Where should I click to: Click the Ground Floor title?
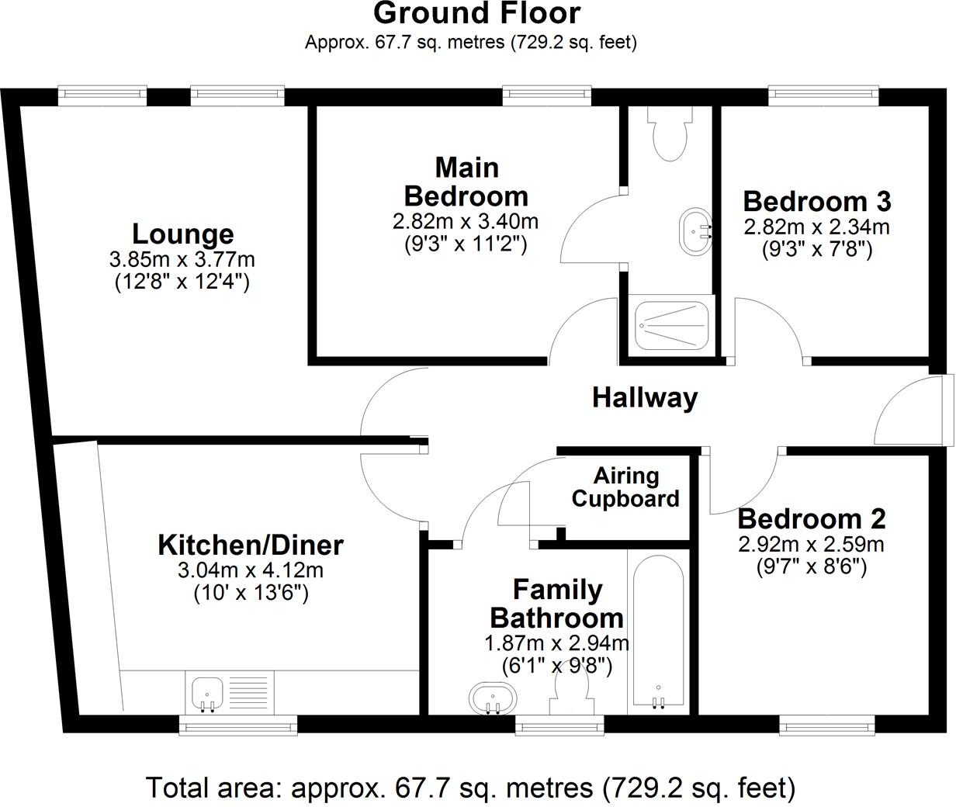point(476,13)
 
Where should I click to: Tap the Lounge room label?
point(182,234)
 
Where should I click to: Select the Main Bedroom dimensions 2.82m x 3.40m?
point(465,222)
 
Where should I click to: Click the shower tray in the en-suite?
point(671,326)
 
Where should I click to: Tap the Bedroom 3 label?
point(816,201)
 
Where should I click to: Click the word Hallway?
point(645,397)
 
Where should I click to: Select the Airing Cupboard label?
point(625,487)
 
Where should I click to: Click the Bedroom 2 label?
point(811,518)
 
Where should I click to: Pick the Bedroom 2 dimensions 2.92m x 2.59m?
point(811,544)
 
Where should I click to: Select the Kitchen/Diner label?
point(250,545)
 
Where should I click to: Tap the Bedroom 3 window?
point(823,94)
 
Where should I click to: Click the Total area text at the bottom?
point(470,788)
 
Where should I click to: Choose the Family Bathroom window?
point(559,726)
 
